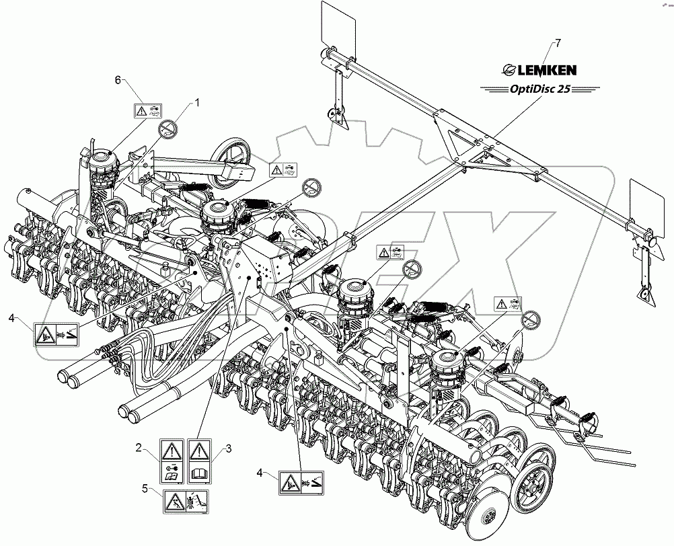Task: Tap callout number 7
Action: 556,43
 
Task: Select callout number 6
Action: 118,79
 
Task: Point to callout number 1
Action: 198,102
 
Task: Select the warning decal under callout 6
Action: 148,111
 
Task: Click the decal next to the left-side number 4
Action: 57,332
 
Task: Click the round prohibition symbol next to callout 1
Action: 167,128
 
